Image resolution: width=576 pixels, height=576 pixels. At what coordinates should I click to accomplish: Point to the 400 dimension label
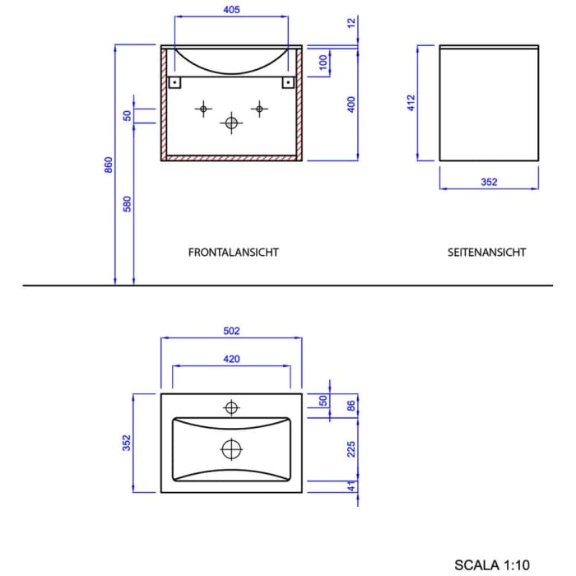[351, 105]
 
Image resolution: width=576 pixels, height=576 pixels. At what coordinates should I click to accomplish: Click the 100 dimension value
[323, 62]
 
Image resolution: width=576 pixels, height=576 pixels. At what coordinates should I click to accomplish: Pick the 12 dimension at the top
[351, 23]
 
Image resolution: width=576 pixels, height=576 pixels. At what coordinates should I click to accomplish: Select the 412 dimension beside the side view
[411, 103]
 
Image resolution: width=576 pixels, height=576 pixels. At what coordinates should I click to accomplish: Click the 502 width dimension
[231, 332]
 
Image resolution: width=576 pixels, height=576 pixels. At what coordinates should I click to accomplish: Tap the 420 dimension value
[231, 359]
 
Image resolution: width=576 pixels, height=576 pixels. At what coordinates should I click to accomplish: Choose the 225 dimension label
[351, 448]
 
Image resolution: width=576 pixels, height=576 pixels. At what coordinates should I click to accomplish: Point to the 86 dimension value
[351, 405]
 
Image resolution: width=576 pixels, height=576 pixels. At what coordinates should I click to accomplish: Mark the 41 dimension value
[351, 485]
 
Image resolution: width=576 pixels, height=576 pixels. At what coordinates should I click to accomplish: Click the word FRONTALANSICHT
[233, 253]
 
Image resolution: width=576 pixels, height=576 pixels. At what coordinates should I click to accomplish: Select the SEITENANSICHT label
[486, 253]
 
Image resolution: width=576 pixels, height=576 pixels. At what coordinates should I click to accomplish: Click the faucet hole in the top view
[231, 406]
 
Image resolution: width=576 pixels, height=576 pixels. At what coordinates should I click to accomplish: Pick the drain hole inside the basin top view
[231, 449]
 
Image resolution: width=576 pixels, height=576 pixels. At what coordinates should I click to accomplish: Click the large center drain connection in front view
[231, 123]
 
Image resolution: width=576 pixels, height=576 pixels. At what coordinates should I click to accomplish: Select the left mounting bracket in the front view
[175, 82]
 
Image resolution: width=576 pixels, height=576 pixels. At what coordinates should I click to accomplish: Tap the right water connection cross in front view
[259, 108]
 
